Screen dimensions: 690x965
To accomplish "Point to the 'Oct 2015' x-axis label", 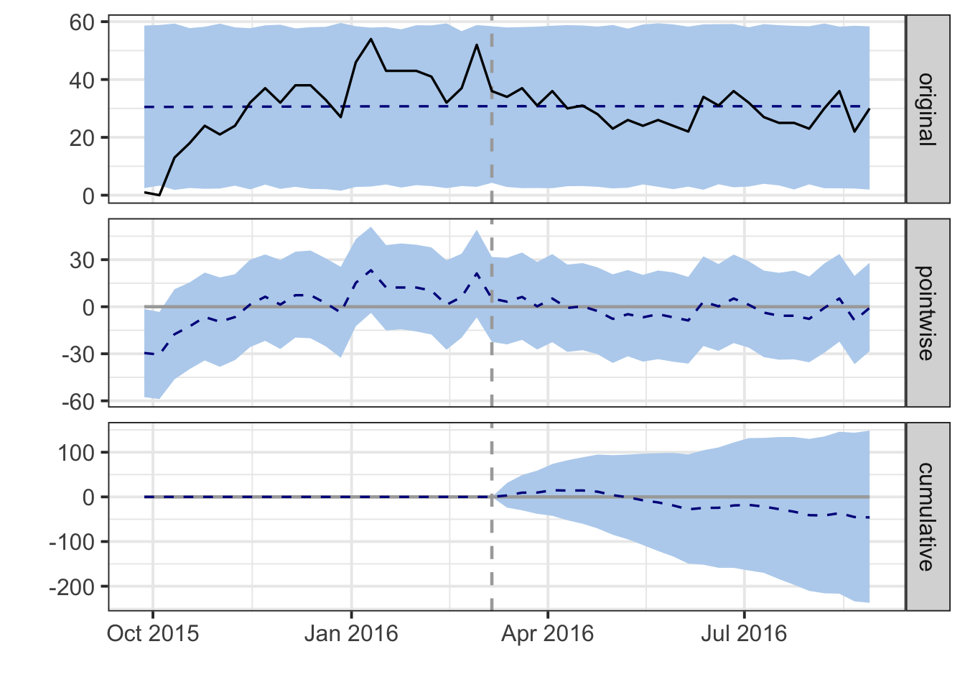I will (153, 633).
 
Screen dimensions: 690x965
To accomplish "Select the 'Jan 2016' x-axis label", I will (351, 633).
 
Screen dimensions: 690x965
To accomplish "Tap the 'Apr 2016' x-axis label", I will (548, 633).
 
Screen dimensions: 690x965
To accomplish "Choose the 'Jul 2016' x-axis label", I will (745, 633).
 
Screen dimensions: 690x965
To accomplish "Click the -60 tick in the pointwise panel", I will (78, 401).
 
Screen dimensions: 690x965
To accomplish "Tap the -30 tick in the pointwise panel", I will (78, 354).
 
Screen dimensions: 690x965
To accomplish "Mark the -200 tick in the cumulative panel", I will (73, 587).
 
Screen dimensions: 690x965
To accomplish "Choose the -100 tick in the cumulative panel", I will (73, 542).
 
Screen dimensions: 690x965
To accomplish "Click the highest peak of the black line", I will (370, 39).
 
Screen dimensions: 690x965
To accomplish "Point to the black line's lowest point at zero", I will (159, 195).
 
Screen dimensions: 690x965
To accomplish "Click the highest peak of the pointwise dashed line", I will (370, 270).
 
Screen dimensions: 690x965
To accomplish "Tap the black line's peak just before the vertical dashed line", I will (477, 45).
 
